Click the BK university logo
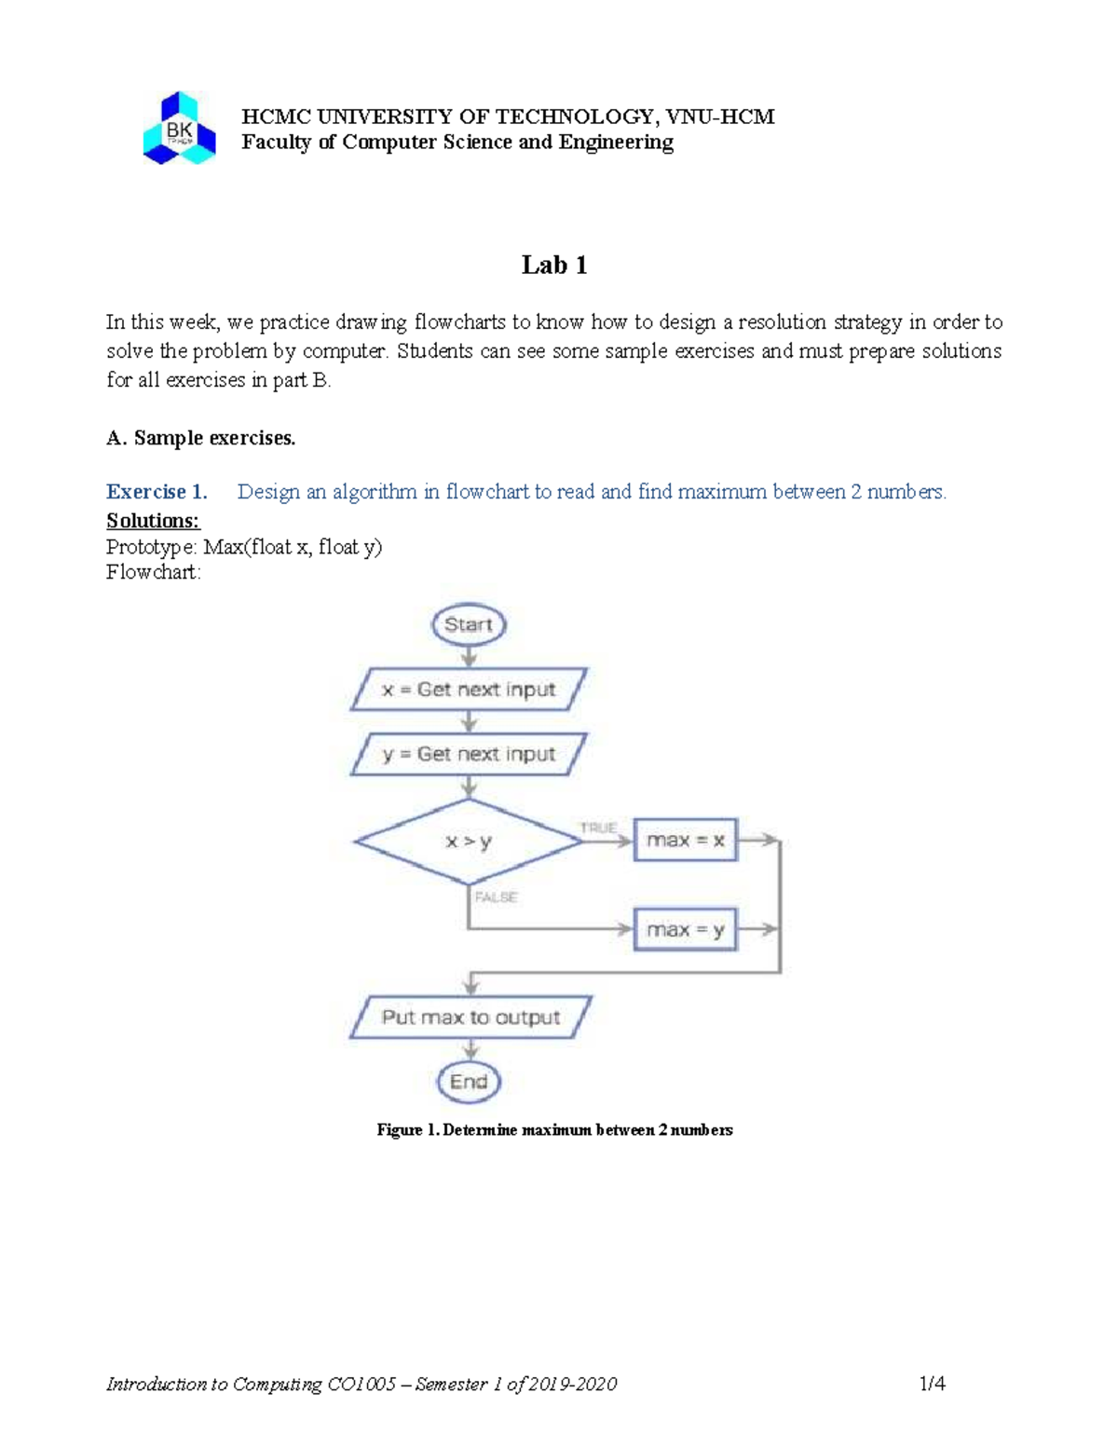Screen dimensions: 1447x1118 [179, 130]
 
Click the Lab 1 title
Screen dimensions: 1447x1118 [554, 266]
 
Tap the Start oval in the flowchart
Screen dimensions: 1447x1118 [469, 624]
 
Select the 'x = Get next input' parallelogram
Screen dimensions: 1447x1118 [469, 689]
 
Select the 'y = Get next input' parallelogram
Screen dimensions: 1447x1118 [469, 754]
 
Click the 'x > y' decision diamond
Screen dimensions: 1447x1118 [469, 841]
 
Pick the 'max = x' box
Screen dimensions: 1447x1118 [685, 840]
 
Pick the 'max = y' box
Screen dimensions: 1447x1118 [685, 930]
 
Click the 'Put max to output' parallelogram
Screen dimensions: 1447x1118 [470, 1017]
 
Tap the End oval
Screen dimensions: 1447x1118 [469, 1082]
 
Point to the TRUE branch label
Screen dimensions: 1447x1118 [598, 827]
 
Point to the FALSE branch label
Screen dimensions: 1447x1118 [496, 897]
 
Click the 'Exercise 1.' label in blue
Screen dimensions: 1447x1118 [157, 492]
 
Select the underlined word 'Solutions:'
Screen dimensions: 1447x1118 [153, 521]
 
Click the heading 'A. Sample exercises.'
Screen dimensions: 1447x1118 [200, 438]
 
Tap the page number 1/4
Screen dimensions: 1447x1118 [932, 1384]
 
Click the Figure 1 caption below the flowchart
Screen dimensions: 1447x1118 [554, 1130]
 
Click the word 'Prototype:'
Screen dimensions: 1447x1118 [152, 547]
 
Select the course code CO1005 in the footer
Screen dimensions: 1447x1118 [361, 1385]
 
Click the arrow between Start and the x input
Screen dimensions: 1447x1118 [469, 656]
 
